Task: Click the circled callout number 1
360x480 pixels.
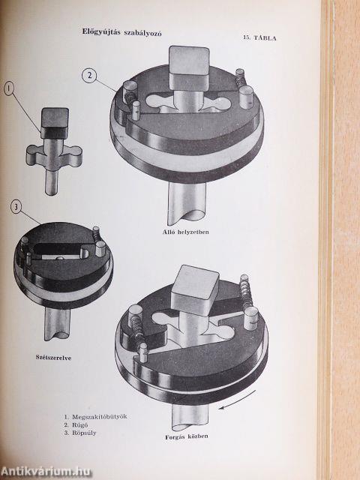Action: point(9,88)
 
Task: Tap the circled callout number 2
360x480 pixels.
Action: point(89,75)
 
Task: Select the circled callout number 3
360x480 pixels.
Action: point(16,207)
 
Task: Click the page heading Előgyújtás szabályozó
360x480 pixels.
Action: point(121,32)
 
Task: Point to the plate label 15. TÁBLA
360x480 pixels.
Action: point(260,38)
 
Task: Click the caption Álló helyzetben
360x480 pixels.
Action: point(185,232)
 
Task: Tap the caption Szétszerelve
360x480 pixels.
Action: point(53,357)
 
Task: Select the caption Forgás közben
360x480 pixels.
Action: point(187,436)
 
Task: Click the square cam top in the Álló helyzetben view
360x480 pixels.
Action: point(189,67)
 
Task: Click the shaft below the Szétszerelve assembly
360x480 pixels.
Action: point(57,323)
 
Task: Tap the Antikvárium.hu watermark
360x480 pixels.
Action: point(45,471)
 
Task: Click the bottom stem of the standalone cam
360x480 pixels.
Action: point(52,183)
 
